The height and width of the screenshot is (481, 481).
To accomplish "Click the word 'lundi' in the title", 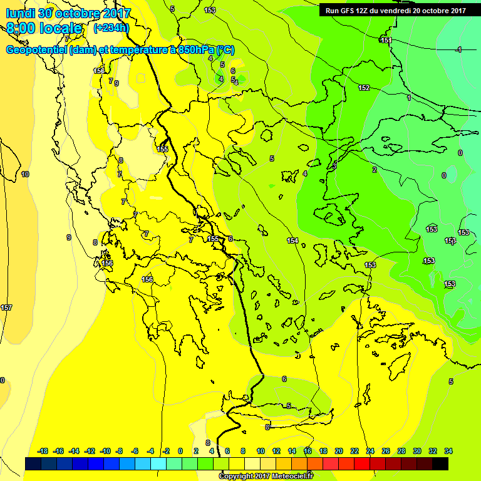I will pos(21,13).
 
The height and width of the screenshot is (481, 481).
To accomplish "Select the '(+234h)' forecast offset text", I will pos(111,28).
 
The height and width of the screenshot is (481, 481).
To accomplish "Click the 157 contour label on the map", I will pos(6,308).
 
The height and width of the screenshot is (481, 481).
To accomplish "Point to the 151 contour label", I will pos(386,40).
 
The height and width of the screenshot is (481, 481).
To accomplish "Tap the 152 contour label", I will pos(364,88).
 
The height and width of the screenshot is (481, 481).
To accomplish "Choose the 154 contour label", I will pos(292,240).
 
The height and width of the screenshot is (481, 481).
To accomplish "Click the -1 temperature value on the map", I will pos(459,49).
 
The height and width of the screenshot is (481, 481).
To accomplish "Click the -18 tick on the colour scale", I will pos(43,451).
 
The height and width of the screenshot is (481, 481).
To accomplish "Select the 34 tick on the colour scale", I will pos(448,451).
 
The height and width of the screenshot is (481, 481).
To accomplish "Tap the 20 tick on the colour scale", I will pos(339,451).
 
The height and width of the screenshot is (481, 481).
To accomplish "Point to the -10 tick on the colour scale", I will pos(105,451).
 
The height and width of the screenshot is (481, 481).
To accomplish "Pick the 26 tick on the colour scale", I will pos(386,451).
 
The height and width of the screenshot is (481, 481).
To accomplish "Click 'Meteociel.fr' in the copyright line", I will pos(292,476).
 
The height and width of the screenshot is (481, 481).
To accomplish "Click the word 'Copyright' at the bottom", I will pos(237,476).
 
